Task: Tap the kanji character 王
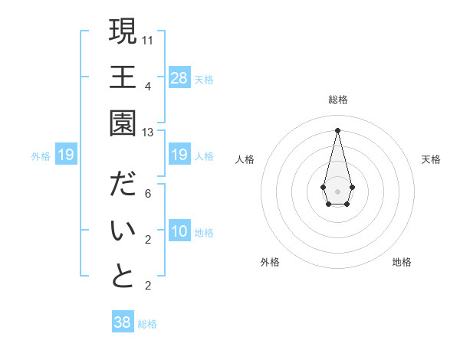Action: tap(123, 77)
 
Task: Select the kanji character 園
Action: tap(123, 123)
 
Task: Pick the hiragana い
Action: tap(123, 231)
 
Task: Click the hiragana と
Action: tap(123, 277)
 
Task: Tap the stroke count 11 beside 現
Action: tap(148, 39)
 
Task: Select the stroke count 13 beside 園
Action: tap(148, 132)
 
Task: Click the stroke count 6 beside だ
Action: tap(148, 193)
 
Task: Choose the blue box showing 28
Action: tap(179, 77)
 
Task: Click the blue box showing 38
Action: tap(123, 322)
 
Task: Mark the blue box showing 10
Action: tap(179, 231)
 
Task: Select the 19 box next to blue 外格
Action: tap(66, 155)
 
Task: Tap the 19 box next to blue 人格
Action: tap(179, 155)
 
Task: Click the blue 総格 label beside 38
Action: tap(147, 324)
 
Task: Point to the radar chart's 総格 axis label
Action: tap(337, 100)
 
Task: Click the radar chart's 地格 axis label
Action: tap(402, 262)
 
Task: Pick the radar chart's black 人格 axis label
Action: tap(245, 159)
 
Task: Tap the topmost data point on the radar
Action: tap(337, 129)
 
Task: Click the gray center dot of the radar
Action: tap(337, 190)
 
